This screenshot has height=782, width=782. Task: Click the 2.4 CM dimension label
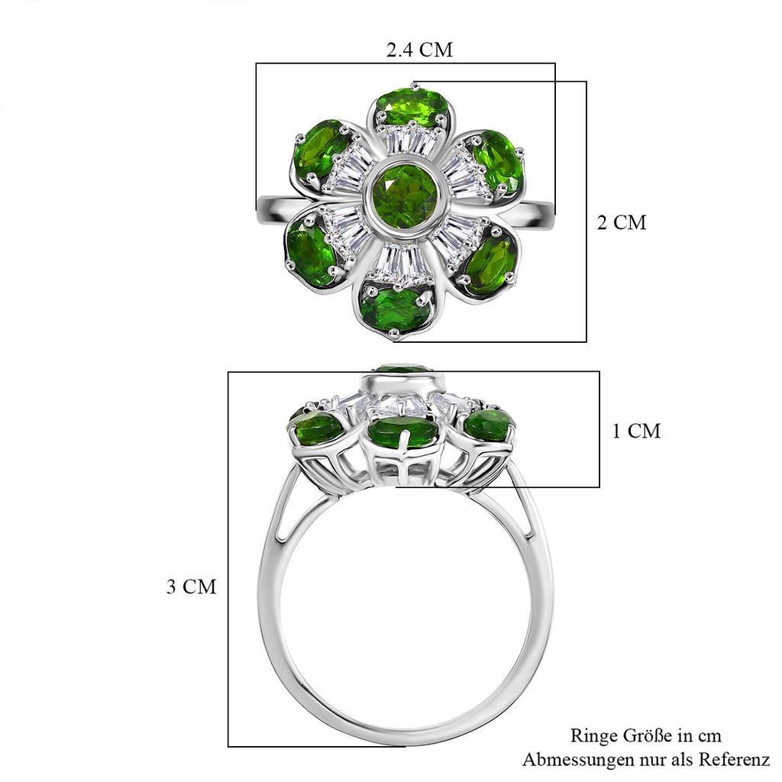coord(419,50)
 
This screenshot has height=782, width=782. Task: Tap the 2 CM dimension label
coord(622,222)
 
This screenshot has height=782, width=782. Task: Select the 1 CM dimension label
coord(636,431)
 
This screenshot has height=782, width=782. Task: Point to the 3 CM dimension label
coord(192,586)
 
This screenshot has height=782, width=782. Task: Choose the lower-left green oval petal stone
coord(312,254)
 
